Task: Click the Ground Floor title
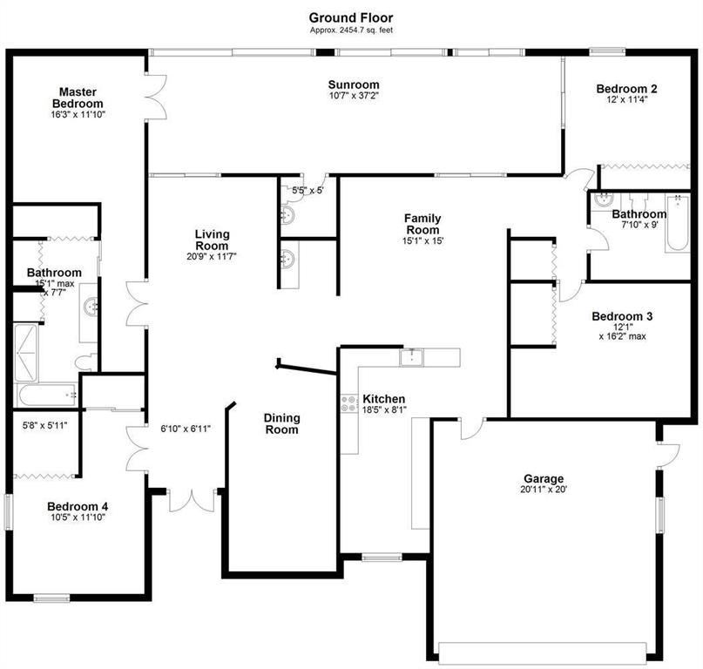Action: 350,18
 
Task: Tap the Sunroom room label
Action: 354,84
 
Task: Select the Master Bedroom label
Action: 78,98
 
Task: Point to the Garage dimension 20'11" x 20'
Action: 544,490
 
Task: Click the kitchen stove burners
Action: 349,403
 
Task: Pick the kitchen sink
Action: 411,357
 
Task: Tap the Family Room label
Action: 422,224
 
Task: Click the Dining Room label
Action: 281,423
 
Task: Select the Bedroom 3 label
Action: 622,316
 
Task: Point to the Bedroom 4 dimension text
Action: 78,517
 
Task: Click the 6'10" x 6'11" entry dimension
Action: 186,429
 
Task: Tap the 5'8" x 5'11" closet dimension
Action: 44,425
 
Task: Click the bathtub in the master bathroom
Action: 47,395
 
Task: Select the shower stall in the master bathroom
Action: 25,353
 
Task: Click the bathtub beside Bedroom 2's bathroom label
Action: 677,222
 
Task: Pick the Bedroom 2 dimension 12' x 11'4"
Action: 627,99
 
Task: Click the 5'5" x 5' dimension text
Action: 308,190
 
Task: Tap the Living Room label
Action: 212,240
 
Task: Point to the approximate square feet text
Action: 351,30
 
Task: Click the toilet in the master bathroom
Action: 86,362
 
